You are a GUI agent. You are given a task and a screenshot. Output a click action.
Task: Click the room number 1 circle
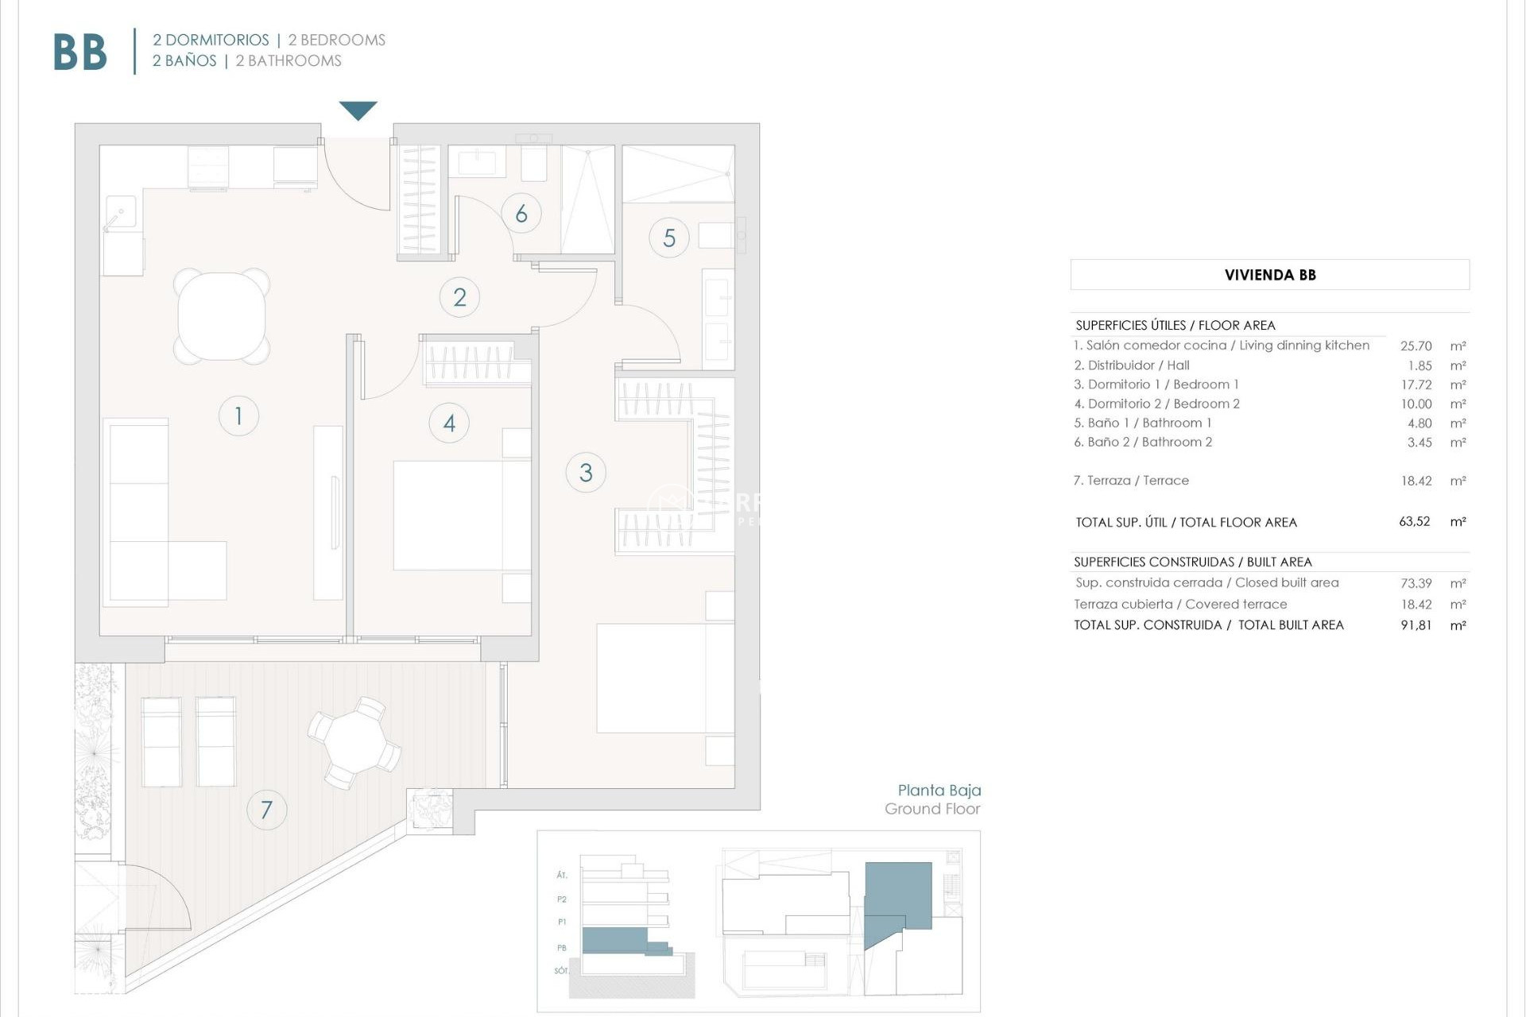click(x=238, y=416)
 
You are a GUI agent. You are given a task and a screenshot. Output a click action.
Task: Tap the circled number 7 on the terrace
click(x=266, y=810)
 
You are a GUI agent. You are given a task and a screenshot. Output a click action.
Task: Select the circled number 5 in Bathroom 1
click(x=669, y=238)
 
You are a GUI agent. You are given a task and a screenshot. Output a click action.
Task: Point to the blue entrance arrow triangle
click(x=358, y=110)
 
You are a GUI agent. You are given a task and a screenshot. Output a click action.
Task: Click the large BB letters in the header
click(x=80, y=52)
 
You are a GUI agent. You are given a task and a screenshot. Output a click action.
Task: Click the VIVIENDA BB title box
click(x=1269, y=275)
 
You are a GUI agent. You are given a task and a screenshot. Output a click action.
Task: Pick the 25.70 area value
click(x=1416, y=346)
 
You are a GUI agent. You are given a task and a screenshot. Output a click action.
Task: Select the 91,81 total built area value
click(x=1416, y=625)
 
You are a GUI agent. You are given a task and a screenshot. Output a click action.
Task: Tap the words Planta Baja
click(x=939, y=790)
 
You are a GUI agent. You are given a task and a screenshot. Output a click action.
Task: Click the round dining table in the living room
click(x=222, y=316)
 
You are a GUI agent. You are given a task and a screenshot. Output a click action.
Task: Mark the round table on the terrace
click(x=355, y=741)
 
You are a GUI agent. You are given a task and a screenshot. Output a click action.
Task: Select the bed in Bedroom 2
click(x=461, y=515)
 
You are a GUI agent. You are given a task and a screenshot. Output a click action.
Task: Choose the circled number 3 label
click(x=586, y=473)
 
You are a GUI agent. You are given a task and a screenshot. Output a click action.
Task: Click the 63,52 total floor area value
click(x=1414, y=522)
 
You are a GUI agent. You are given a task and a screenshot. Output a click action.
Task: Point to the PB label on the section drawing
click(x=562, y=948)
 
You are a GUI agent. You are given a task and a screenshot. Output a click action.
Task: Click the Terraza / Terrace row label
click(x=1131, y=481)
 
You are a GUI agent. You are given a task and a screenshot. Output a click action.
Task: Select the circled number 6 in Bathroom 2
click(x=521, y=213)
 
